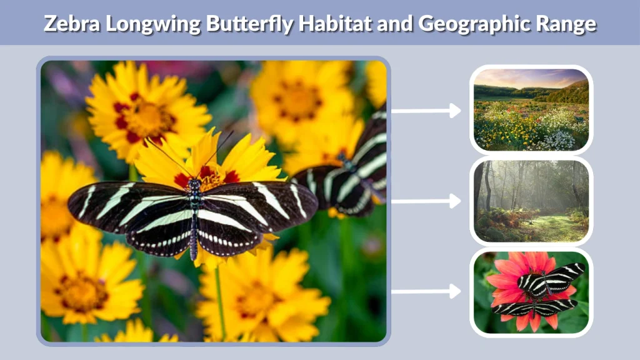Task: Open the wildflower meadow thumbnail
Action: [x=531, y=109]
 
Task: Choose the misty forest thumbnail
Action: [x=531, y=201]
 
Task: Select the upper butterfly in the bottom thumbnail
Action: [x=550, y=277]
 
